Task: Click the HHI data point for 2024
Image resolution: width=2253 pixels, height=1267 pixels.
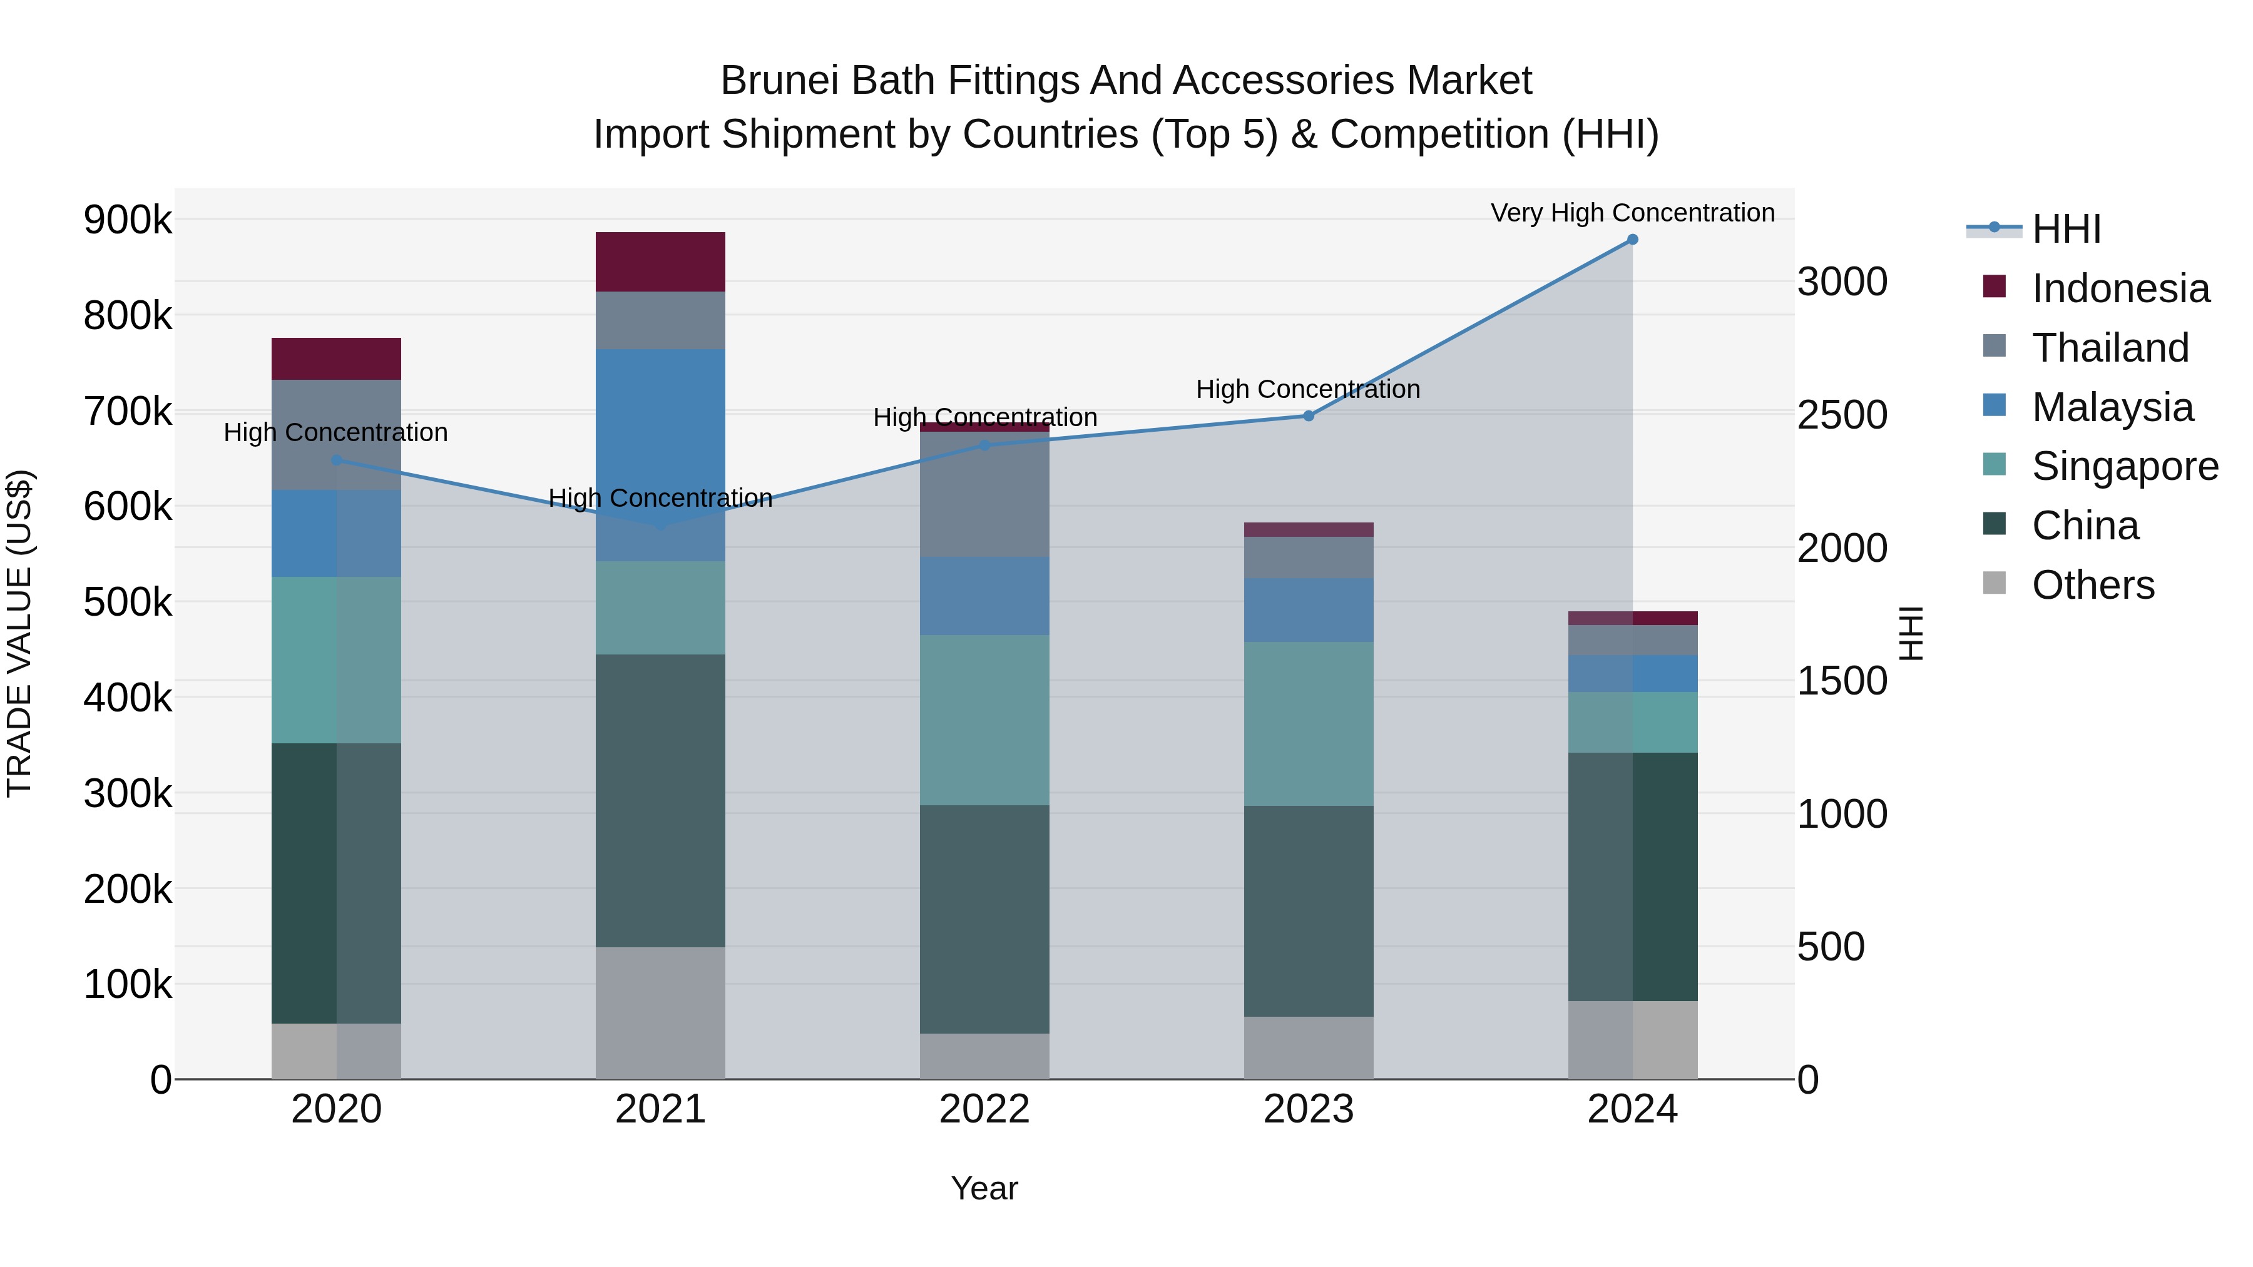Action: (x=1632, y=240)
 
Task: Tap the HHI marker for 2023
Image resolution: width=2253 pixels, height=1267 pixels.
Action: (x=1309, y=416)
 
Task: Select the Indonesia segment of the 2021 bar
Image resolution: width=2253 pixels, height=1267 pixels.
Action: (x=660, y=262)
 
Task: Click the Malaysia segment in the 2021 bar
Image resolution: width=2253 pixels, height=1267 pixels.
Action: (x=660, y=455)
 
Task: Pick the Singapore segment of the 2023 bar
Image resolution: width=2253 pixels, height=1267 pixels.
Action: (x=1309, y=724)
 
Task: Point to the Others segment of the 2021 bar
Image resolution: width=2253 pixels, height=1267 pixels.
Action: (x=660, y=1012)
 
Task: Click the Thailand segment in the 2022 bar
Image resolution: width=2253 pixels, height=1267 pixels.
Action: (x=985, y=494)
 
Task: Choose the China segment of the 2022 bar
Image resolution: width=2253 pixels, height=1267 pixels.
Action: (x=985, y=919)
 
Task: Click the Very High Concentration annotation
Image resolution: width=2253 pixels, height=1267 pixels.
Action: (x=1632, y=213)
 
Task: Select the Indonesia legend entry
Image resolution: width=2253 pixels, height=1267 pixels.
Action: (x=2120, y=288)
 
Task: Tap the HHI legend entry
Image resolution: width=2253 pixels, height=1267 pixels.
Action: (x=2066, y=229)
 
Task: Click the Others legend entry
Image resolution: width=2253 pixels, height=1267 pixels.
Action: (x=2092, y=585)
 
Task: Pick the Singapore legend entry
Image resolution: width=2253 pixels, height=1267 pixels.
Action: (x=2125, y=466)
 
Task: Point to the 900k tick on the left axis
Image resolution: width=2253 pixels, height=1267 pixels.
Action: (x=128, y=220)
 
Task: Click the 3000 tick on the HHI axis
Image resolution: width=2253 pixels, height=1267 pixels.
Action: (x=1842, y=282)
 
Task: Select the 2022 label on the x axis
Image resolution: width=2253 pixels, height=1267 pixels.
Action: (x=985, y=1109)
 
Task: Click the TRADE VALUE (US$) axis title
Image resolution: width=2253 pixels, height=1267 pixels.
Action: (x=19, y=633)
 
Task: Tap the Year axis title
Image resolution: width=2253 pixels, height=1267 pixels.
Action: (x=985, y=1188)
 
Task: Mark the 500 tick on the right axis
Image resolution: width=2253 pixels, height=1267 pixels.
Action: (x=1831, y=947)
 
